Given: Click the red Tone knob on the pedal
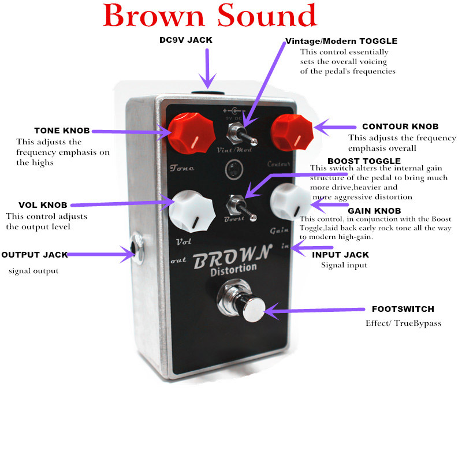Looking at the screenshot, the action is [192, 133].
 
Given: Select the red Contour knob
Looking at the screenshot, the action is [292, 133].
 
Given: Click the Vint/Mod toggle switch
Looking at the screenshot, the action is [241, 135].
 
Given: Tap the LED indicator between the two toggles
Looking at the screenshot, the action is [234, 169].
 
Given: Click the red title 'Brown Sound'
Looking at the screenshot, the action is [210, 16].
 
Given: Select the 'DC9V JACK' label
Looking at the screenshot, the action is [186, 40].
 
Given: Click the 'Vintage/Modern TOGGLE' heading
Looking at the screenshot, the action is [341, 41].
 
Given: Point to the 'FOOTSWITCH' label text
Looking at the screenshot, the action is [403, 309].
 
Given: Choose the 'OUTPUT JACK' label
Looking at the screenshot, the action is [35, 255].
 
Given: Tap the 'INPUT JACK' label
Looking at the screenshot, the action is [340, 255].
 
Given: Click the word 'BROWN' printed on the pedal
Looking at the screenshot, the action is [232, 257].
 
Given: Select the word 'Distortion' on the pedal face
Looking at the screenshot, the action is [234, 269].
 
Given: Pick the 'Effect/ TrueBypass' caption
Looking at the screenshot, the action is [403, 323].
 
